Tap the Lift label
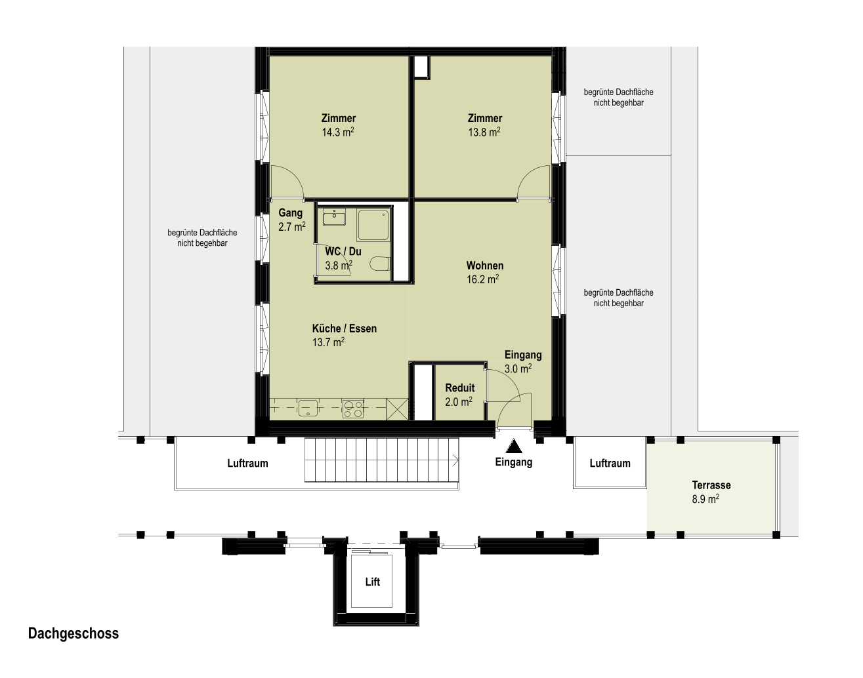pyautogui.click(x=373, y=582)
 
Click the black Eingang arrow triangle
pyautogui.click(x=514, y=446)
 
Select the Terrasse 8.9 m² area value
pyautogui.click(x=705, y=499)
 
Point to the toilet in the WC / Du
pyautogui.click(x=379, y=264)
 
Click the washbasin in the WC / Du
pyautogui.click(x=334, y=217)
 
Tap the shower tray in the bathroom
pyautogui.click(x=373, y=225)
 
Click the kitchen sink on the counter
pyautogui.click(x=308, y=409)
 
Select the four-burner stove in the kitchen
pyautogui.click(x=353, y=409)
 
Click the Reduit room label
pyautogui.click(x=460, y=388)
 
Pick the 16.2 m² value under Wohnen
pyautogui.click(x=482, y=279)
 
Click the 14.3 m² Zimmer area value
pyautogui.click(x=338, y=132)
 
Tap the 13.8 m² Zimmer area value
pyautogui.click(x=484, y=132)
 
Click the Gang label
pyautogui.click(x=290, y=213)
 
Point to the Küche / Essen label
pyautogui.click(x=345, y=329)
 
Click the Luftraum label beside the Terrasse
pyautogui.click(x=610, y=463)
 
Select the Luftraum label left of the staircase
pyautogui.click(x=247, y=463)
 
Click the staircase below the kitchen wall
pyautogui.click(x=382, y=460)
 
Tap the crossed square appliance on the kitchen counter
pyautogui.click(x=397, y=409)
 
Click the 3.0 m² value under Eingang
pyautogui.click(x=518, y=369)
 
